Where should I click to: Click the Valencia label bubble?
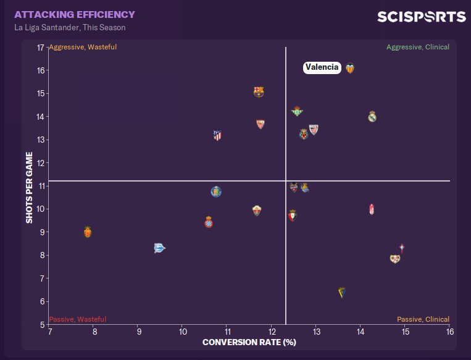tap(322, 68)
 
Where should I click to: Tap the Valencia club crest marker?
tap(350, 69)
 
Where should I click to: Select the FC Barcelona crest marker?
tap(259, 92)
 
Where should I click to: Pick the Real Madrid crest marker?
tap(372, 116)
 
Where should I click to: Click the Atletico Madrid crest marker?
tap(217, 135)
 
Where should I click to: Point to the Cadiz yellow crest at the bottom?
tap(342, 292)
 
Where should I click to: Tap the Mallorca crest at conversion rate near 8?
tap(88, 232)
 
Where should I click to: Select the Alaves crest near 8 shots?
tap(159, 248)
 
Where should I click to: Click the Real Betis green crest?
tap(297, 111)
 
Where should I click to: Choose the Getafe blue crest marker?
tap(215, 191)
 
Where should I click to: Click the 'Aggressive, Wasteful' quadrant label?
tap(83, 47)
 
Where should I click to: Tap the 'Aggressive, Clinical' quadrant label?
tap(418, 47)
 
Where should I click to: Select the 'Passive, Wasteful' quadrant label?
tap(78, 319)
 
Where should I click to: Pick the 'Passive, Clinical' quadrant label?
tap(423, 319)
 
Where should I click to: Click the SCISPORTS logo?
tap(421, 16)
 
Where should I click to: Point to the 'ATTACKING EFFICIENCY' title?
tap(75, 14)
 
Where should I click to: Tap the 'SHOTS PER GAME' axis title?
tap(29, 187)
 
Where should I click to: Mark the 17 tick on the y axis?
tap(40, 48)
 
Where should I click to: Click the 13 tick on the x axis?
tap(316, 332)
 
